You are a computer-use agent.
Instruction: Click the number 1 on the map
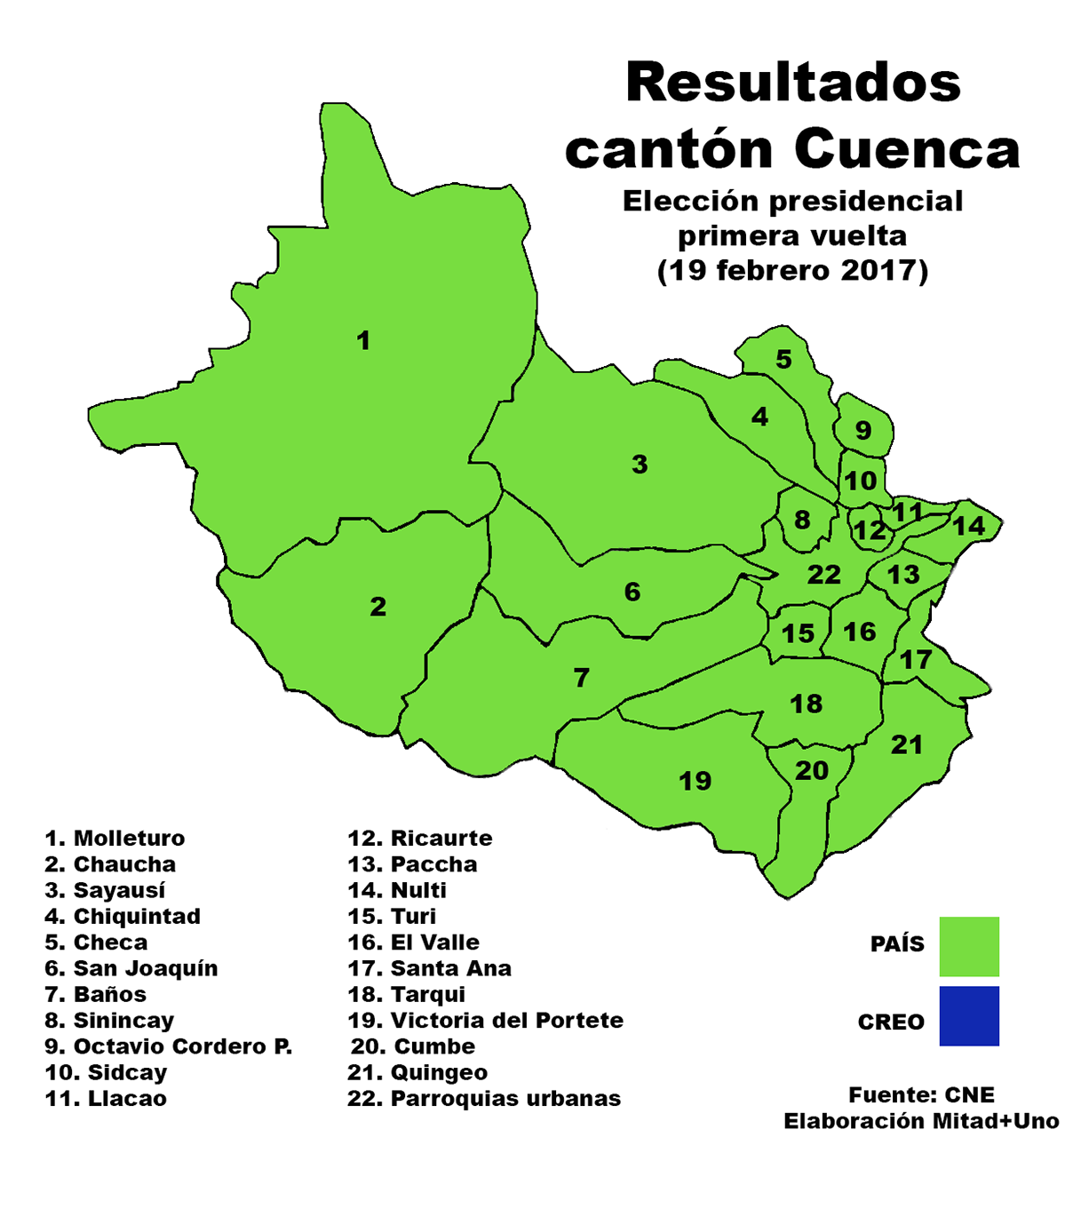pyautogui.click(x=362, y=340)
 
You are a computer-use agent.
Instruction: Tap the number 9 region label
pyautogui.click(x=863, y=431)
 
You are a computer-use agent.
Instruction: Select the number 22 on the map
pyautogui.click(x=823, y=575)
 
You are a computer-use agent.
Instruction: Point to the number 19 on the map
pyautogui.click(x=695, y=781)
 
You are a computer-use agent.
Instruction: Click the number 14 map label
pyautogui.click(x=968, y=526)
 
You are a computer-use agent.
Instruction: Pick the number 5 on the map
pyautogui.click(x=783, y=359)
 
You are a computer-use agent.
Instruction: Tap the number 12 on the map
pyautogui.click(x=870, y=531)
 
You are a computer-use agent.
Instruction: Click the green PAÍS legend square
pyautogui.click(x=968, y=946)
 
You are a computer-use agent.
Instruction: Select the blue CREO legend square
pyautogui.click(x=968, y=1015)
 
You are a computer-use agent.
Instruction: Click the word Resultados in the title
pyautogui.click(x=793, y=83)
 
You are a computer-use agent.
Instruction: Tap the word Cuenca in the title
pyautogui.click(x=907, y=149)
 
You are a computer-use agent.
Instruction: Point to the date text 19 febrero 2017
pyautogui.click(x=792, y=270)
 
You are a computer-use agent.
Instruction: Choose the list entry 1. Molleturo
pyautogui.click(x=115, y=839)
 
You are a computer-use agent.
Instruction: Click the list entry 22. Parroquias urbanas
pyautogui.click(x=484, y=1099)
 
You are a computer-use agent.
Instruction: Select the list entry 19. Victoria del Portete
pyautogui.click(x=485, y=1021)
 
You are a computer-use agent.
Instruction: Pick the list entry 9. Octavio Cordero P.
pyautogui.click(x=168, y=1046)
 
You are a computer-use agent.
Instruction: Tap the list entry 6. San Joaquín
pyautogui.click(x=131, y=968)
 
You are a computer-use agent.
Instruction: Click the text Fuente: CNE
pyautogui.click(x=921, y=1094)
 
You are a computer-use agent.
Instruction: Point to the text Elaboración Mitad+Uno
pyautogui.click(x=921, y=1121)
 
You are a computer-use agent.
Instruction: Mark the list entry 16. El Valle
pyautogui.click(x=413, y=943)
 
